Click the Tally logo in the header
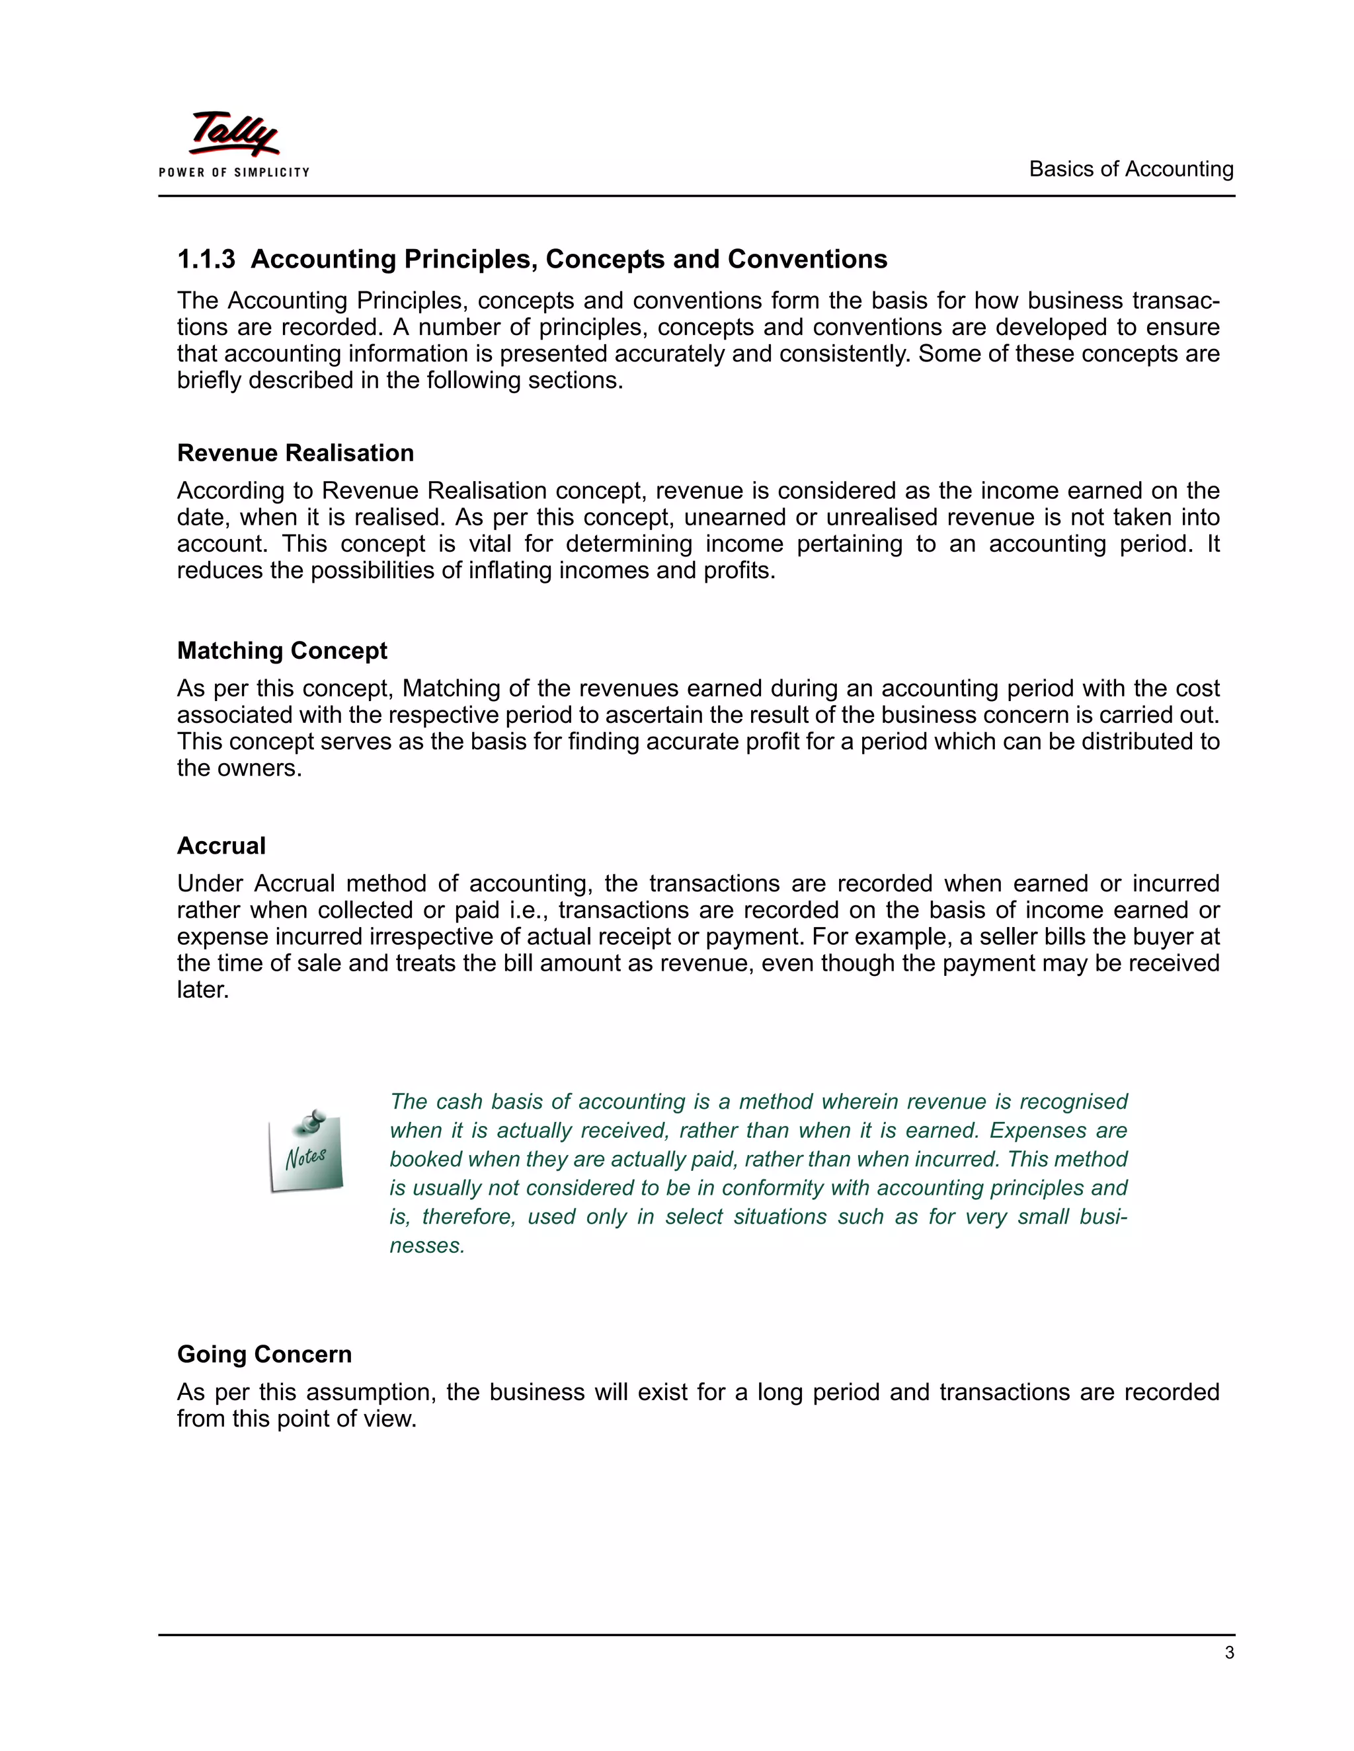tap(233, 134)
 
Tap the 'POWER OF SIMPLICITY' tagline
tap(233, 172)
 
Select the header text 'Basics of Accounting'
tap(1131, 169)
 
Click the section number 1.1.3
tap(206, 260)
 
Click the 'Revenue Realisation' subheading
tap(295, 453)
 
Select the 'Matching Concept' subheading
tap(282, 650)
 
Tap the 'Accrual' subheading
tap(221, 846)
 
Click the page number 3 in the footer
tap(1229, 1653)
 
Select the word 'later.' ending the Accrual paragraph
tap(203, 990)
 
